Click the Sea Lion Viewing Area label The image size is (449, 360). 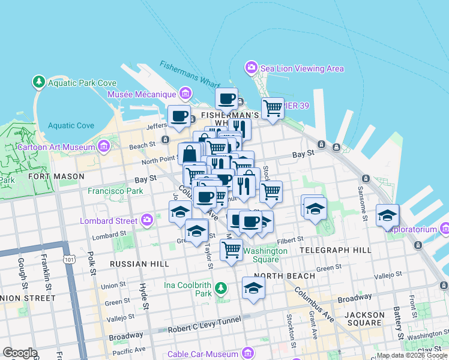tap(302, 68)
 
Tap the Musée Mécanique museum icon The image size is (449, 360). tap(185, 94)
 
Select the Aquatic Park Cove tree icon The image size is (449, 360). tap(39, 81)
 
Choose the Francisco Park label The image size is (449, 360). tap(115, 191)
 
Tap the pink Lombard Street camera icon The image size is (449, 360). tap(147, 221)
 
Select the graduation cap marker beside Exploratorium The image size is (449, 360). tap(388, 215)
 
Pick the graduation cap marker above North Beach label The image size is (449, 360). tap(254, 287)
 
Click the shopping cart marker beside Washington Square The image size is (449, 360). tap(231, 248)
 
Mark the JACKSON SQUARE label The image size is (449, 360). tap(365, 319)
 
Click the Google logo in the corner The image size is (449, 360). tap(20, 353)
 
